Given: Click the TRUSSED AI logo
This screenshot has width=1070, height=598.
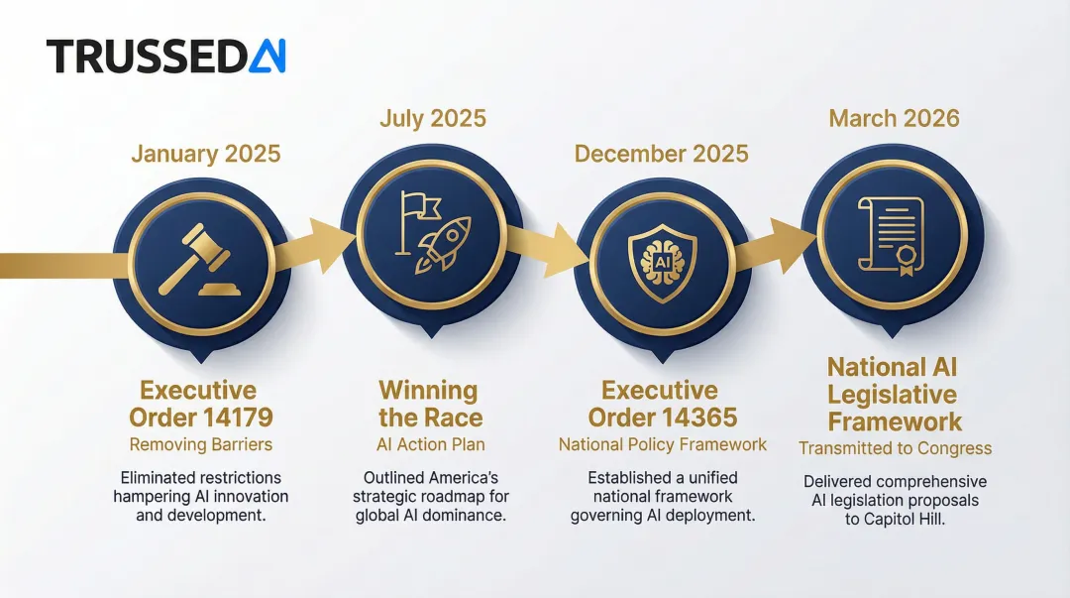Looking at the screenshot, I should [165, 57].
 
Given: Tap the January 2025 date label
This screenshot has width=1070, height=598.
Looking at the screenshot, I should [206, 154].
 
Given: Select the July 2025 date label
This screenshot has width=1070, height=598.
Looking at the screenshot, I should [433, 119].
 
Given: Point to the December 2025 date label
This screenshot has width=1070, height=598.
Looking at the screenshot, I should [661, 154].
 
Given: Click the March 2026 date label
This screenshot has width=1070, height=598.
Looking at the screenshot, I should [894, 119].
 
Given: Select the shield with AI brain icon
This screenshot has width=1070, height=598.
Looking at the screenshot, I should [662, 263].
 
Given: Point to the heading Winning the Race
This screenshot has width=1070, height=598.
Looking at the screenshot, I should [429, 403].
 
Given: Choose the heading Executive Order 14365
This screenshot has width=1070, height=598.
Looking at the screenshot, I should [661, 403].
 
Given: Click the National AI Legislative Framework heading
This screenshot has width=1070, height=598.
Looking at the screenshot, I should [894, 394].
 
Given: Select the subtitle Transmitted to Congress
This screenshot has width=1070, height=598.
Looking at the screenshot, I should [894, 448].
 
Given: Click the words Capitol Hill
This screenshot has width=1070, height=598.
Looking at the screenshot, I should [896, 520].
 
